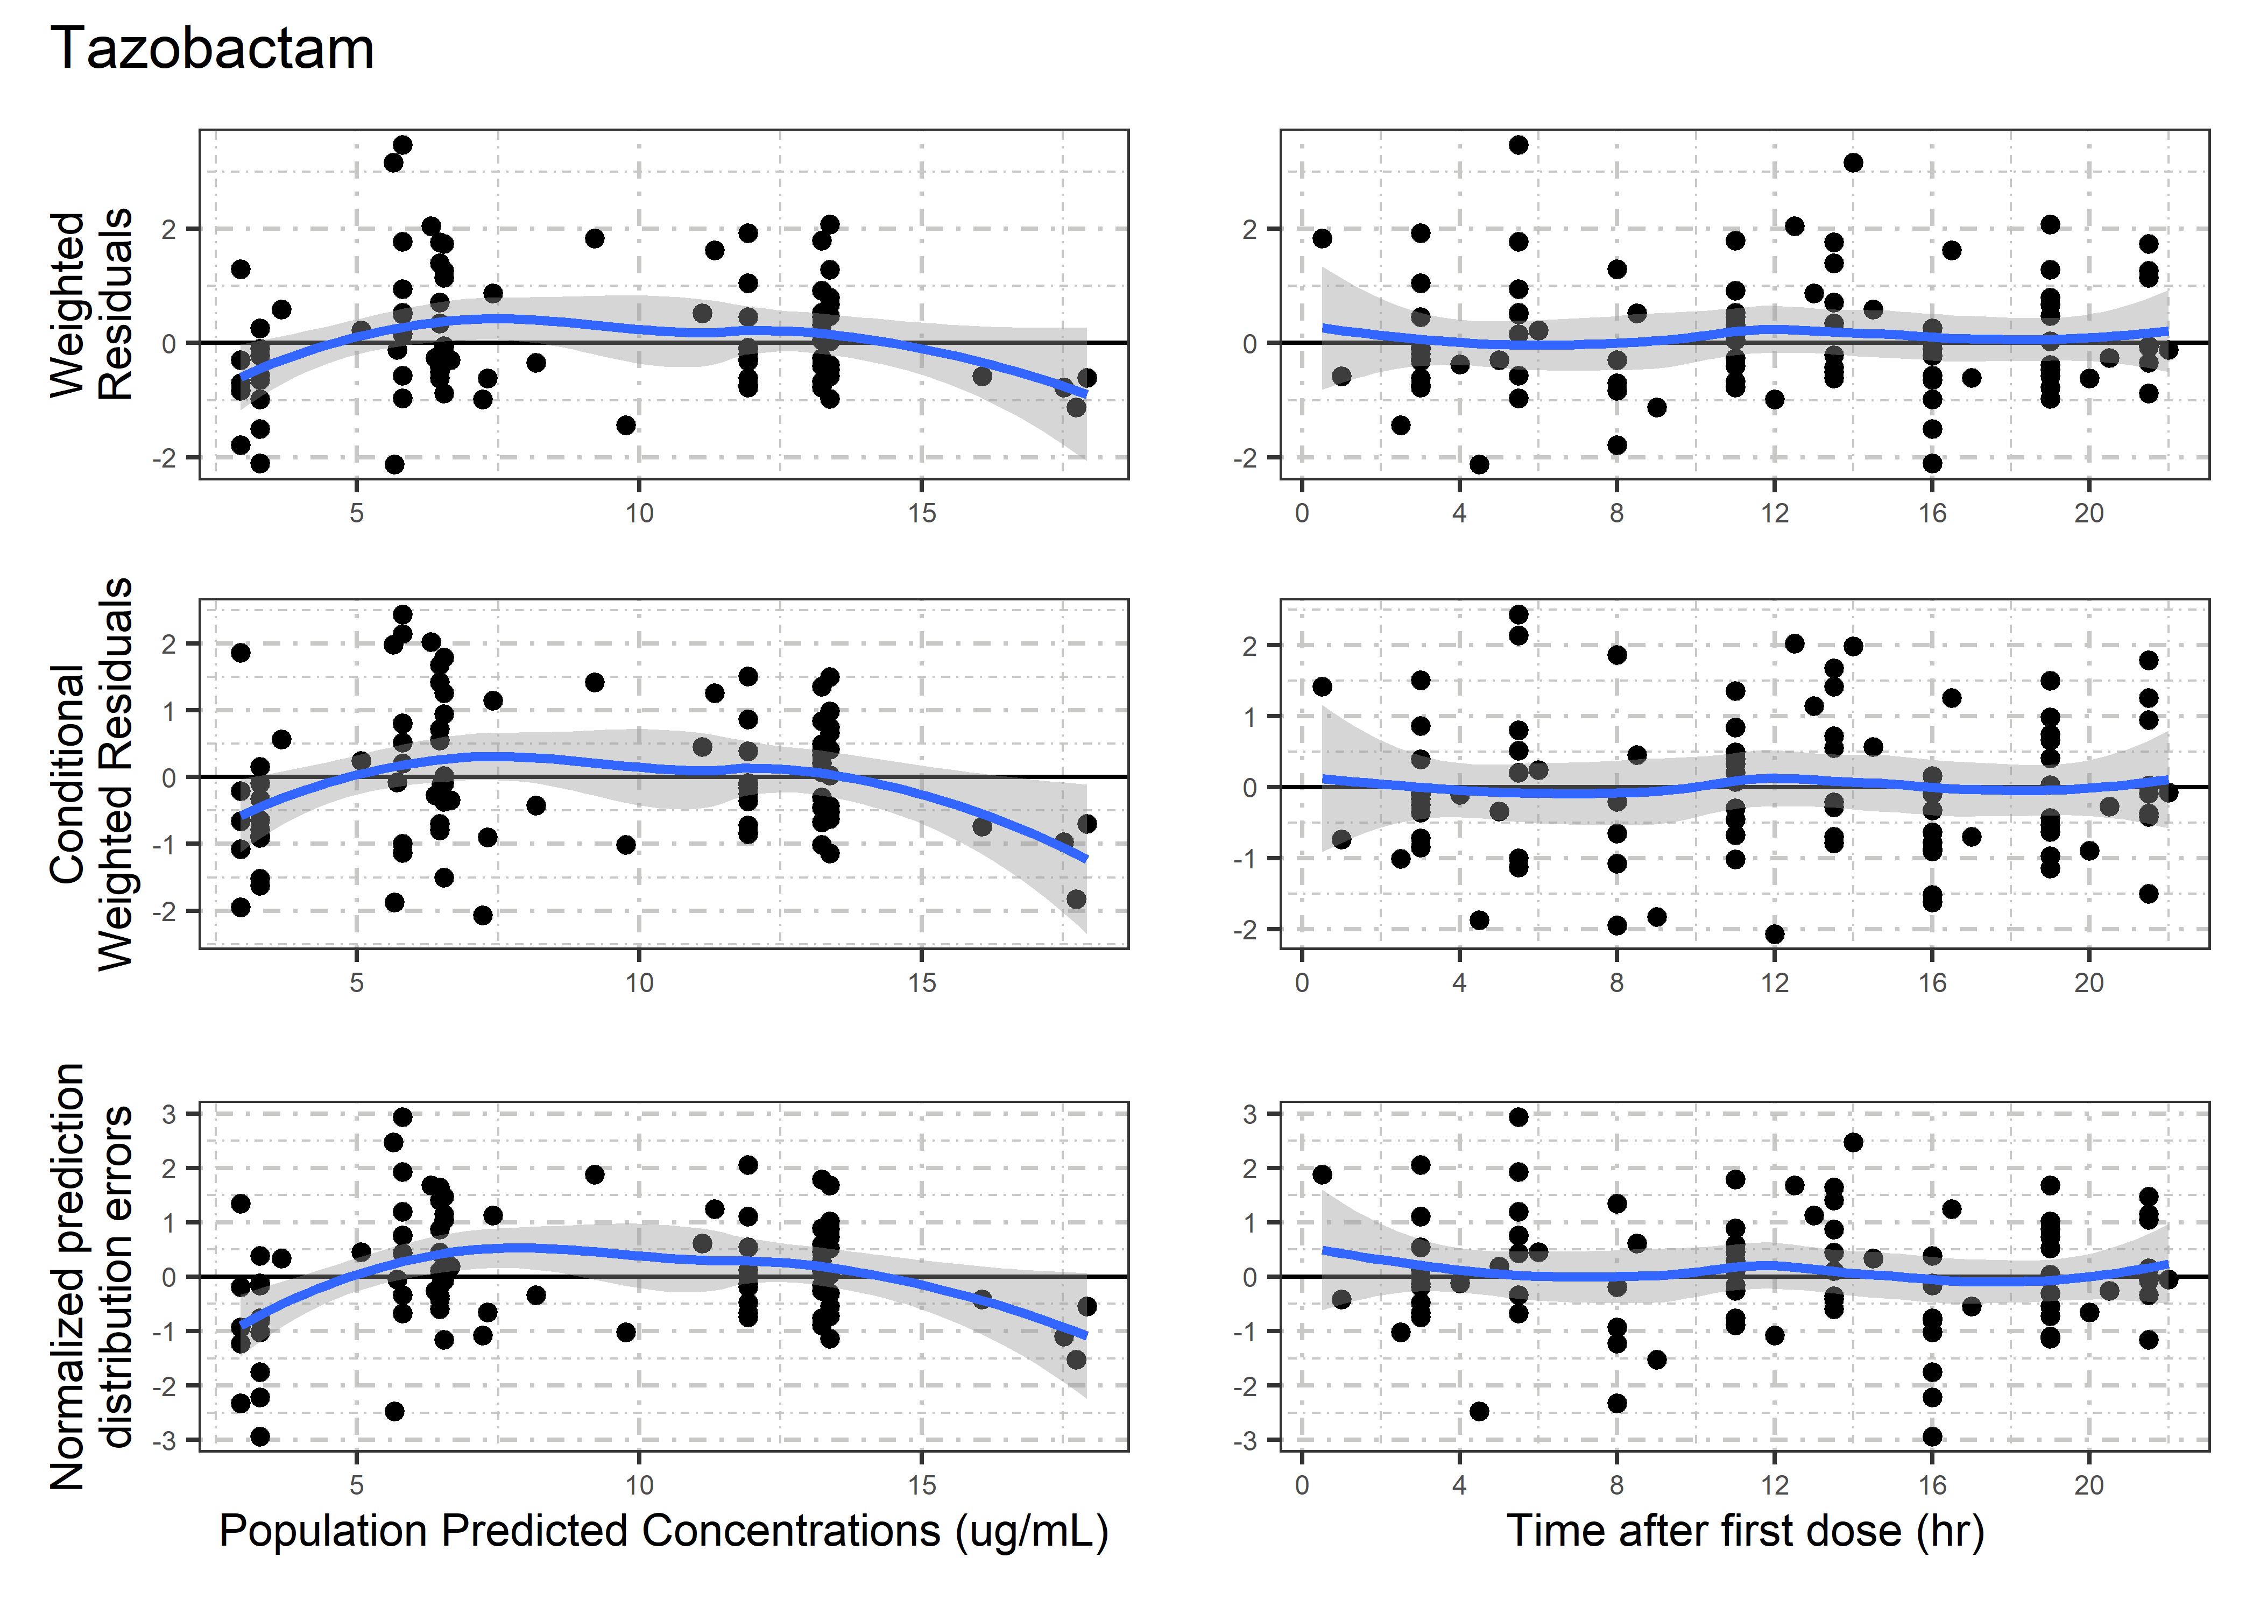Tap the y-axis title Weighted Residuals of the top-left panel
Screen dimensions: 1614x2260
coord(91,304)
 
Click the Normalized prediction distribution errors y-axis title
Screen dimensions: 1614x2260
coord(91,1276)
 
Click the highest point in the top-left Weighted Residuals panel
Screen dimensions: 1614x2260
coord(402,145)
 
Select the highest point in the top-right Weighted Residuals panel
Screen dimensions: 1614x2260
coord(1519,145)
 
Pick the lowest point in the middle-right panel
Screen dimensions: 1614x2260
coord(1775,934)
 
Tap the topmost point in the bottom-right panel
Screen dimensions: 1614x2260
coord(1519,1117)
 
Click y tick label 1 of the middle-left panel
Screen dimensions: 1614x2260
coord(169,711)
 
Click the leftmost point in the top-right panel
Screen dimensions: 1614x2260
coord(1322,238)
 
